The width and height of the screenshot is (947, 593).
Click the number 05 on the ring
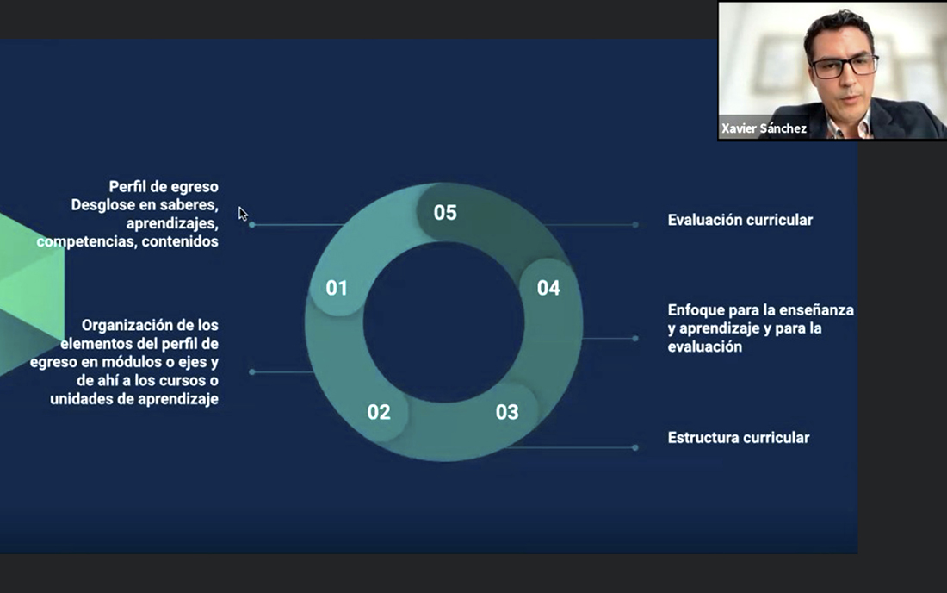[x=445, y=213]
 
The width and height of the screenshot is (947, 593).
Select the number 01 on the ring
[x=337, y=289]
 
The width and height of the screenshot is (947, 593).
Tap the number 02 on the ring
[x=379, y=412]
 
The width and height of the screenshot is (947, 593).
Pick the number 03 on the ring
[x=507, y=412]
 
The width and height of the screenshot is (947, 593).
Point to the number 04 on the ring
[x=548, y=289]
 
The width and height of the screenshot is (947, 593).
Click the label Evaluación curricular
[x=740, y=220]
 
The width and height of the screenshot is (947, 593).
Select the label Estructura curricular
[x=738, y=438]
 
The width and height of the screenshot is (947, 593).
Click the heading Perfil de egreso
[x=164, y=187]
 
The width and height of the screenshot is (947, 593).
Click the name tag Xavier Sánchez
[x=764, y=128]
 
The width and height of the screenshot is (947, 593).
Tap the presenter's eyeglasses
[x=844, y=66]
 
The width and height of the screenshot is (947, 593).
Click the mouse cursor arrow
[x=243, y=214]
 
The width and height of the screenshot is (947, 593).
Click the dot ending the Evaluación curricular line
[x=635, y=225]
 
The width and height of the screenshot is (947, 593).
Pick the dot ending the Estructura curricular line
[x=635, y=448]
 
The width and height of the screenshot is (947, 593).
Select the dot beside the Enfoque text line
[x=635, y=339]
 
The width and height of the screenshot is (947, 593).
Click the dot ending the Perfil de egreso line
[x=252, y=225]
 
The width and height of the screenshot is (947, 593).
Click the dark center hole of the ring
[x=444, y=322]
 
